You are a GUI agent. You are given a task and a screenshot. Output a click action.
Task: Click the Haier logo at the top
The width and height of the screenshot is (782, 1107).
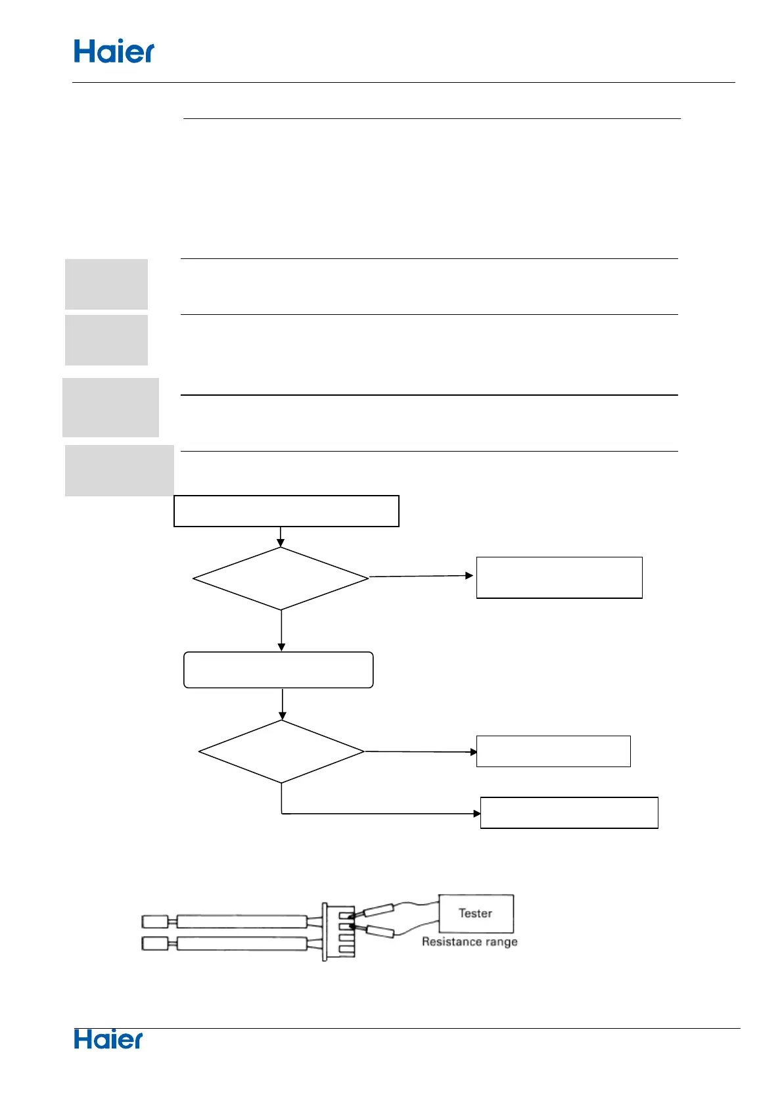click(114, 51)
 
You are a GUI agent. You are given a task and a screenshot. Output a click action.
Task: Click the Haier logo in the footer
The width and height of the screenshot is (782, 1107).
click(108, 1039)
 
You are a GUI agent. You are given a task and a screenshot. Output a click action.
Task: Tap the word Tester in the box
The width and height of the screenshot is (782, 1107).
click(475, 913)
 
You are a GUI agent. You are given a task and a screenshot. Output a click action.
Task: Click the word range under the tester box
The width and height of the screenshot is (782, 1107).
click(501, 942)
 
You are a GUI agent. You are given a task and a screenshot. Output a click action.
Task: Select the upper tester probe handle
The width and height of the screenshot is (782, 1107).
click(379, 910)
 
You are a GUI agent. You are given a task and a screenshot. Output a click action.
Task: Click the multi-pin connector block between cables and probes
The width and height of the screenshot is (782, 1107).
click(339, 931)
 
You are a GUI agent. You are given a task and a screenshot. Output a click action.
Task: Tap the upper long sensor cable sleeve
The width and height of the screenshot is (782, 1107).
click(241, 921)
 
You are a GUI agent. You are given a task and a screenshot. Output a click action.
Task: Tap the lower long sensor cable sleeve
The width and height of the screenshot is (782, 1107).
click(241, 944)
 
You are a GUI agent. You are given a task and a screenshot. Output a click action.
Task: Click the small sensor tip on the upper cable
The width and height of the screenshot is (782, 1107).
click(154, 921)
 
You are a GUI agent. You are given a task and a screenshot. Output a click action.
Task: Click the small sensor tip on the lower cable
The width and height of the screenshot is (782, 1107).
click(154, 944)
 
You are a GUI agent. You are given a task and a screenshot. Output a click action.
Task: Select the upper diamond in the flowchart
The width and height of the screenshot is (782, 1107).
click(281, 578)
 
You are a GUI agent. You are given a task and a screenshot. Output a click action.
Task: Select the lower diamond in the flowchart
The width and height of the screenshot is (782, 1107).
click(281, 751)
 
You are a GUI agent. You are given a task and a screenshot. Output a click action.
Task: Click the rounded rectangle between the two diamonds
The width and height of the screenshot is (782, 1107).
click(279, 670)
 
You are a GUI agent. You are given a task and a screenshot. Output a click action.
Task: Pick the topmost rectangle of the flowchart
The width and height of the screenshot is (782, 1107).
click(286, 511)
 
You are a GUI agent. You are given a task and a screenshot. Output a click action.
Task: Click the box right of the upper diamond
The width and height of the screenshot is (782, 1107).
click(559, 577)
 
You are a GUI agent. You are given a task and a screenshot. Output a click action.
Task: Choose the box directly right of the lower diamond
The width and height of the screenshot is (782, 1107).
click(553, 751)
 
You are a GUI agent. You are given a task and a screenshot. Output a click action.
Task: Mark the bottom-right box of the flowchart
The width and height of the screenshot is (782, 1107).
click(569, 813)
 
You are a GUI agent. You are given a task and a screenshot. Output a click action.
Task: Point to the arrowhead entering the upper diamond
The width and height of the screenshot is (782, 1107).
click(281, 543)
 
